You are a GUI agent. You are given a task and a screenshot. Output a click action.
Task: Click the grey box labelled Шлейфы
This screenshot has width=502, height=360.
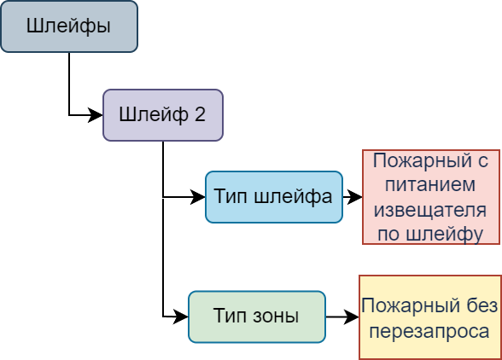click(69, 26)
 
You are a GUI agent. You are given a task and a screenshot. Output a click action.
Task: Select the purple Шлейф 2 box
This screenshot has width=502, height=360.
click(163, 115)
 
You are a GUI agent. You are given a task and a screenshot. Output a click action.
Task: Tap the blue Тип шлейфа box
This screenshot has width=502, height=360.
click(274, 197)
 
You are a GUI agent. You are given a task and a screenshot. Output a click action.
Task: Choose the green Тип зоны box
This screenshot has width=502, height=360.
click(257, 316)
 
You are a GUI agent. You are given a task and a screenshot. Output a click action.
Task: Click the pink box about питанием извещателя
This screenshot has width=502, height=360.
click(431, 197)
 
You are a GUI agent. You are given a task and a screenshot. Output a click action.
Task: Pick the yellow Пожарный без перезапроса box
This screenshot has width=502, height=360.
click(430, 317)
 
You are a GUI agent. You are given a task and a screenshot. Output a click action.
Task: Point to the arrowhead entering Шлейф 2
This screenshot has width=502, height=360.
click(96, 115)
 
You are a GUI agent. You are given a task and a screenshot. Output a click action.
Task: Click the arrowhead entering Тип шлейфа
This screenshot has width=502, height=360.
click(198, 197)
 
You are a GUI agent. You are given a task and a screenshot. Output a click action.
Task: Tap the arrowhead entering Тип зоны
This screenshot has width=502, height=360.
click(181, 316)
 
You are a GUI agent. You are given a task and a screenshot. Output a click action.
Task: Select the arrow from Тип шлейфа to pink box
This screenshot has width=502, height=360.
click(353, 197)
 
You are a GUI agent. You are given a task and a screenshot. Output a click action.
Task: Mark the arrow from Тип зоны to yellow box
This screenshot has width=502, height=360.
click(342, 316)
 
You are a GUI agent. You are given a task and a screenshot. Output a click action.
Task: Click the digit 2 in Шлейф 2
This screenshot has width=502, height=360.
click(200, 114)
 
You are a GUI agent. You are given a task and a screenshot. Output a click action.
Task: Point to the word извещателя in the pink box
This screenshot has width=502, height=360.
click(430, 210)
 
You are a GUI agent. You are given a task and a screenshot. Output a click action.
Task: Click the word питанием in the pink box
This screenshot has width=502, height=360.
click(430, 185)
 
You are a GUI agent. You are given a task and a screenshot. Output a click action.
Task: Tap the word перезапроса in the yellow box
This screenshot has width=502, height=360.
click(429, 332)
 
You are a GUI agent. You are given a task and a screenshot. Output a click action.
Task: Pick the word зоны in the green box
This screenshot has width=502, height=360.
click(276, 316)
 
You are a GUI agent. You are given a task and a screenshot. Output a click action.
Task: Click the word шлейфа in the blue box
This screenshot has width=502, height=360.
click(293, 197)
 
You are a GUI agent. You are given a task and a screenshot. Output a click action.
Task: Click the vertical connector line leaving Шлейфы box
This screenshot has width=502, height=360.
click(69, 84)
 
